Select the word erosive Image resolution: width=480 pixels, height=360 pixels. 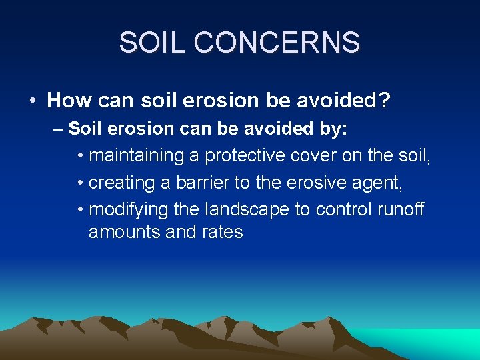[x=312, y=183]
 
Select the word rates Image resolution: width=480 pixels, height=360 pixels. [x=223, y=233]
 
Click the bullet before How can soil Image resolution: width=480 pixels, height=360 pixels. [x=33, y=101]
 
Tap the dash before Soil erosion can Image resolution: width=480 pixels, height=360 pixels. [x=58, y=129]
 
